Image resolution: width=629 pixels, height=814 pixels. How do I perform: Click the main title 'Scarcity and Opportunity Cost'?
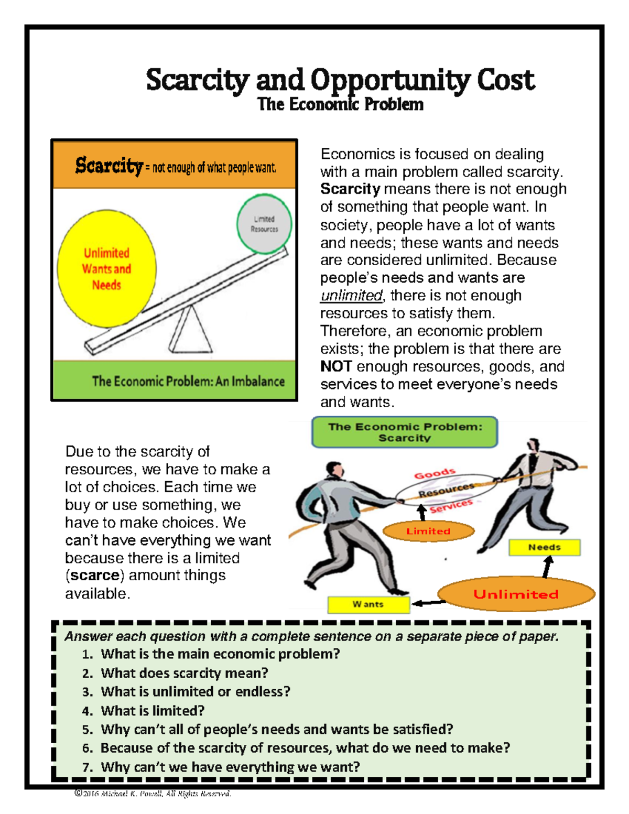pyautogui.click(x=340, y=81)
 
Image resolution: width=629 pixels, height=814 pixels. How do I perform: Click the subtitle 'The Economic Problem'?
pyautogui.click(x=340, y=104)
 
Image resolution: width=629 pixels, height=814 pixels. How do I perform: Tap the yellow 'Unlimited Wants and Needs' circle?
pyautogui.click(x=107, y=269)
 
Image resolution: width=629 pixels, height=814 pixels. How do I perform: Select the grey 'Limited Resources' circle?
pyautogui.click(x=264, y=224)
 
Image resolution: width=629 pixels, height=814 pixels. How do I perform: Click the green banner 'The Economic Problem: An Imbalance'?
pyautogui.click(x=188, y=381)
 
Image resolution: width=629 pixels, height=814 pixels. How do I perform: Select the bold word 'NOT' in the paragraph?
pyautogui.click(x=335, y=366)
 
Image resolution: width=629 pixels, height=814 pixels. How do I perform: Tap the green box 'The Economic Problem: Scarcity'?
pyautogui.click(x=405, y=432)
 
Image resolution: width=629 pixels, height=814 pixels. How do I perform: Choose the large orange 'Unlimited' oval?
pyautogui.click(x=516, y=594)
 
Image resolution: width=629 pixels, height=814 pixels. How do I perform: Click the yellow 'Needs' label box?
pyautogui.click(x=545, y=548)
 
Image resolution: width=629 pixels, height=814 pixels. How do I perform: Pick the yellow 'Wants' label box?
pyautogui.click(x=368, y=604)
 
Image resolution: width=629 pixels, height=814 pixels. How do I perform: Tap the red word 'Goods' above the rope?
pyautogui.click(x=435, y=474)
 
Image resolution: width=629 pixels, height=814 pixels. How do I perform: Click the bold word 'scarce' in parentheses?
pyautogui.click(x=95, y=576)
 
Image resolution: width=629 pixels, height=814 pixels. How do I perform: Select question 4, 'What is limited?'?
pyautogui.click(x=153, y=711)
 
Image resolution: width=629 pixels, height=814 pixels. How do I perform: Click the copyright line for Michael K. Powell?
pyautogui.click(x=153, y=794)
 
